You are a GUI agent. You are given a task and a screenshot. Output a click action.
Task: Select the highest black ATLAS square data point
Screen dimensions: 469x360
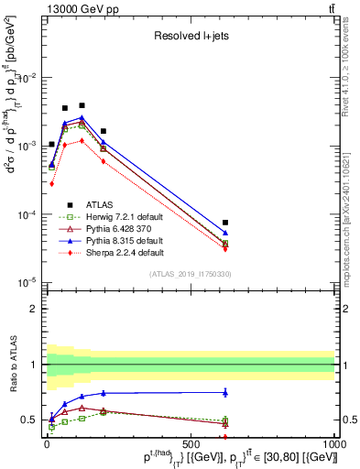tap(82, 105)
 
